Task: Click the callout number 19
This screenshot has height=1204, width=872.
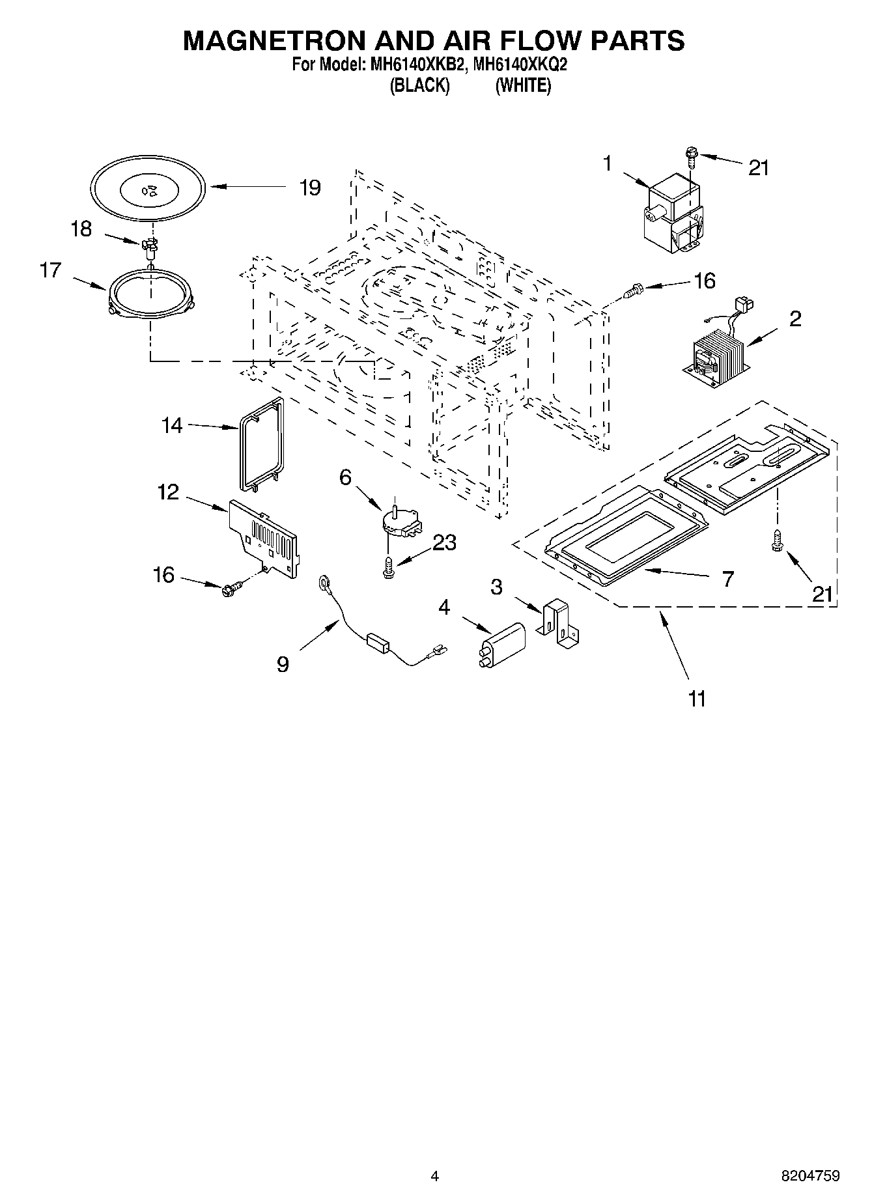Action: tap(310, 188)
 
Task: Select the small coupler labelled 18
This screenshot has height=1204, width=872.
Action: tap(150, 245)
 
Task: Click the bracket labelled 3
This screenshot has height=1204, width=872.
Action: tap(559, 623)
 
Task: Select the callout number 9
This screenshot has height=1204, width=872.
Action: tap(283, 664)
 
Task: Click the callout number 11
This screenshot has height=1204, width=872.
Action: tap(697, 699)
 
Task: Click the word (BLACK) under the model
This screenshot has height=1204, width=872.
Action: tap(419, 86)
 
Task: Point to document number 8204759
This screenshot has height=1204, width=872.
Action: tap(810, 1175)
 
